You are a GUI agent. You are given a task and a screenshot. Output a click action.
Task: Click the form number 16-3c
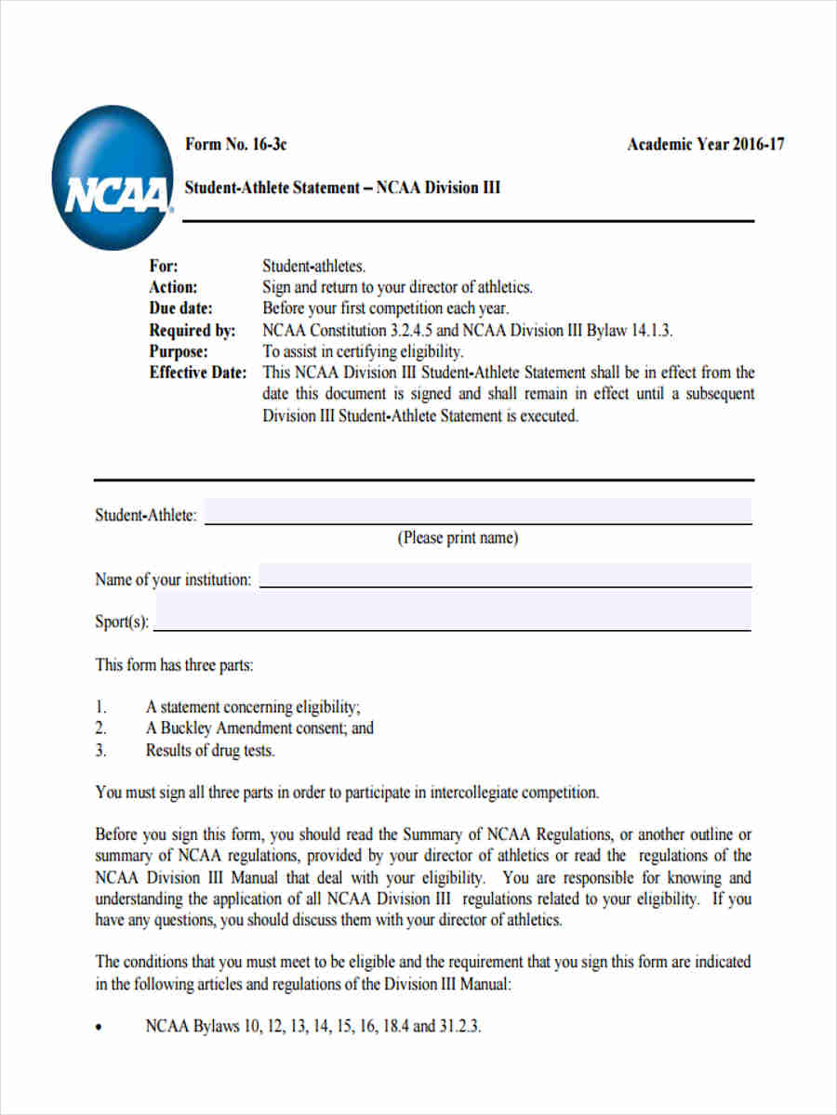point(235,144)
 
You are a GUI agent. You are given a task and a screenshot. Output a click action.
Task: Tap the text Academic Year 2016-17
point(705,144)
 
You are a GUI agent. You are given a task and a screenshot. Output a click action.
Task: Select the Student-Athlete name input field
point(477,512)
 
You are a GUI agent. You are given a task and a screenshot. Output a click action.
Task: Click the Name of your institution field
point(504,575)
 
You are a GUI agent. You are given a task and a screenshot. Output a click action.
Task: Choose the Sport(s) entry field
point(452,614)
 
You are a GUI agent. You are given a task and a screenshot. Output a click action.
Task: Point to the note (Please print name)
point(458,538)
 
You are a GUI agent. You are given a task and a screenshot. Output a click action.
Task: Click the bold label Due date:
point(180,308)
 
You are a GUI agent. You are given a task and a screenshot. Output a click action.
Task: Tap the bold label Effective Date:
point(198,373)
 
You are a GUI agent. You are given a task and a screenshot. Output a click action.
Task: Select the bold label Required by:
point(193,330)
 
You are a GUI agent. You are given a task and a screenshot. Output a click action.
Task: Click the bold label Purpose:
point(179,351)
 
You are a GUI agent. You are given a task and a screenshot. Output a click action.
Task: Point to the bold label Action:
point(173,287)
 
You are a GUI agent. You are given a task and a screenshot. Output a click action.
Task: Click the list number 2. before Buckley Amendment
point(101,728)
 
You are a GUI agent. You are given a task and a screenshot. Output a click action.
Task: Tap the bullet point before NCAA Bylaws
point(100,1029)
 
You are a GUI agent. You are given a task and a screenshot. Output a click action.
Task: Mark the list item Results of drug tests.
point(210,751)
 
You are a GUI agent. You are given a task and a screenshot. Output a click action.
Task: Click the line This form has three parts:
point(174,665)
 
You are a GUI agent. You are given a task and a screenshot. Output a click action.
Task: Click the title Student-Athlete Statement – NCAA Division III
point(342,188)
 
